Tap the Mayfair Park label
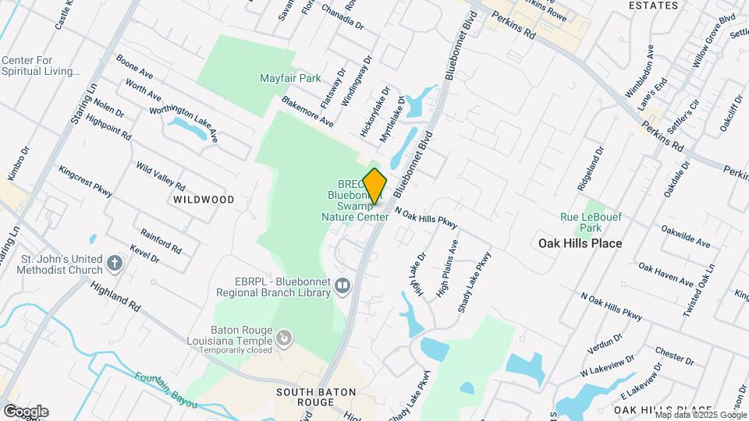point(290,78)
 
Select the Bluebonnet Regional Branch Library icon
point(342,287)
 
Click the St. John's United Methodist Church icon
point(115,264)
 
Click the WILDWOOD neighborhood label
point(204,200)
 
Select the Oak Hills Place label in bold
point(580,243)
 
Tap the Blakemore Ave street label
point(307,112)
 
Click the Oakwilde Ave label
point(685,236)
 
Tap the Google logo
point(26,412)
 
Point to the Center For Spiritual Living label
point(41,65)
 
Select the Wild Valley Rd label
point(160,176)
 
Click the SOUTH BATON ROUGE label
point(316,396)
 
